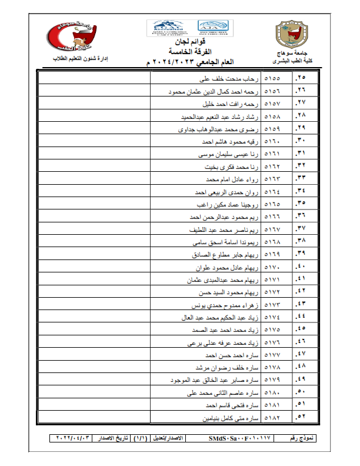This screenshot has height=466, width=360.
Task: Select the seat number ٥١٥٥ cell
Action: click(x=274, y=78)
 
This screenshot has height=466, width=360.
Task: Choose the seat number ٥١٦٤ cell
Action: click(x=274, y=192)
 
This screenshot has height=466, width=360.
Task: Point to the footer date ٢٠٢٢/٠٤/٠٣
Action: click(x=74, y=438)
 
